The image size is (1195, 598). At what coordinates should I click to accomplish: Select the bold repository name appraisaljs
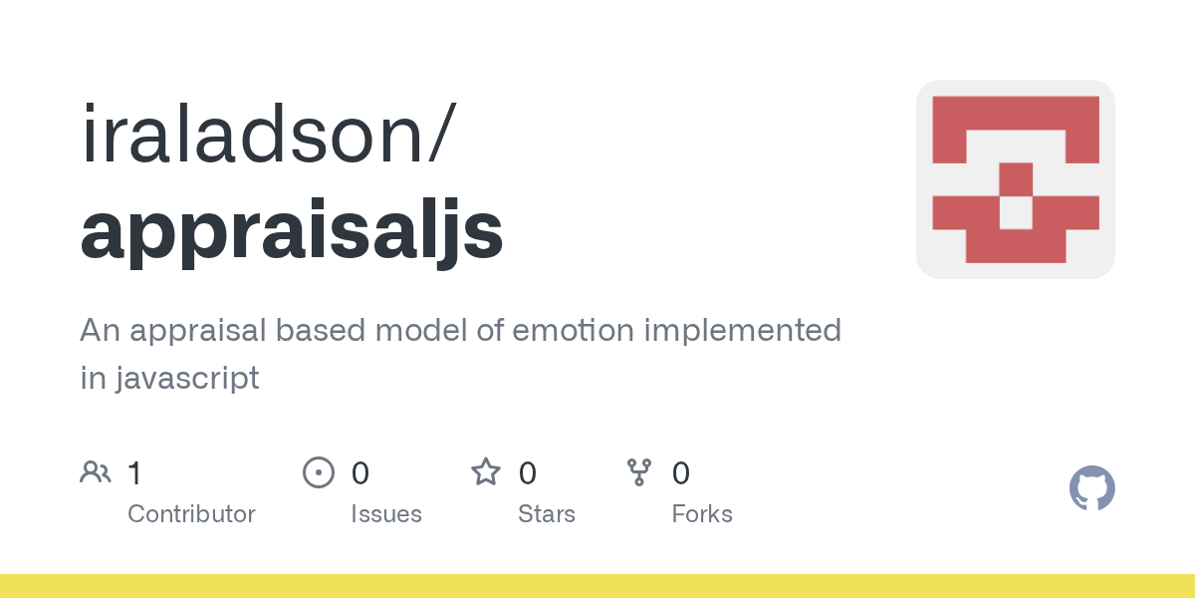point(292,231)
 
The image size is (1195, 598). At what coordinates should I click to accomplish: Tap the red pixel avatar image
point(1015,179)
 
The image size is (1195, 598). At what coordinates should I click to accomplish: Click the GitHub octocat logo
point(1092,488)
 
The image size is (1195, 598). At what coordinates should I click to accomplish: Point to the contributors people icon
point(96,472)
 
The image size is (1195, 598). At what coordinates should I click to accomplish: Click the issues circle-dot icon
point(319,472)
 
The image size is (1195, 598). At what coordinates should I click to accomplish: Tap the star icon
point(486,472)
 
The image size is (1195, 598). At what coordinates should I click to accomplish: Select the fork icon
point(639,472)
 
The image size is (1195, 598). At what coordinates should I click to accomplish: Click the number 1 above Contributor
point(135,473)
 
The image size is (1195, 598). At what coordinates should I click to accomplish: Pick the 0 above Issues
point(360,473)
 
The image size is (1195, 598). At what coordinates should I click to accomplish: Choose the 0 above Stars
point(527,473)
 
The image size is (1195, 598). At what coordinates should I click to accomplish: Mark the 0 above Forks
point(681,473)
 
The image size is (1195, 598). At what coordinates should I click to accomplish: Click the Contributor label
point(191,513)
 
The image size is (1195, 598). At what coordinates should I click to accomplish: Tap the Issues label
point(386,513)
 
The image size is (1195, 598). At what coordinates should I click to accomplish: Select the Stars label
point(547,513)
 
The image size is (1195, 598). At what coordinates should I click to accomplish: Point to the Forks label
point(702,513)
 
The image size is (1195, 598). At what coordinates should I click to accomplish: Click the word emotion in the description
point(574,330)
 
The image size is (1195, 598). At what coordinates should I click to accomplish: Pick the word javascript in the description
point(188,379)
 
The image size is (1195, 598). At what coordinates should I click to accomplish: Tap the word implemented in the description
point(743,331)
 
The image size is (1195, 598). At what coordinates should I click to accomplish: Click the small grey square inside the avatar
point(1015,212)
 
